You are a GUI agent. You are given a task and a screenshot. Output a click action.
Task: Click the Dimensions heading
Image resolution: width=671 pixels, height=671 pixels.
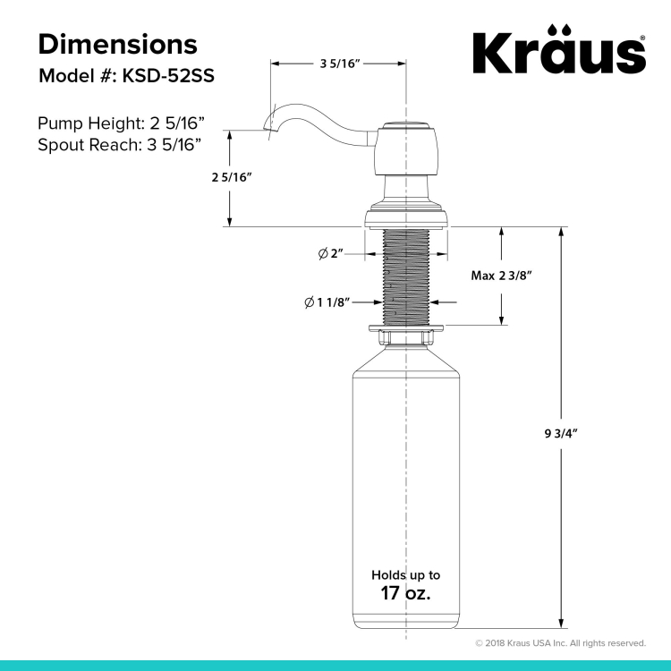pyautogui.click(x=118, y=44)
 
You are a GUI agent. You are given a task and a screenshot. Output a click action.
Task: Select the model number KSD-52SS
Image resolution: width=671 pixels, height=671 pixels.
pyautogui.click(x=168, y=76)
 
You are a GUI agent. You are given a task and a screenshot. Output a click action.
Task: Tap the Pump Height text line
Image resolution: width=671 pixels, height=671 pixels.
pyautogui.click(x=121, y=123)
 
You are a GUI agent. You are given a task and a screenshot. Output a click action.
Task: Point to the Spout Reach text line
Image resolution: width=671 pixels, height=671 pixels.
pyautogui.click(x=119, y=145)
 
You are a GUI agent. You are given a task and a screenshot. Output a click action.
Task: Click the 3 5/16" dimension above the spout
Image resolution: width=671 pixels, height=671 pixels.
pyautogui.click(x=341, y=64)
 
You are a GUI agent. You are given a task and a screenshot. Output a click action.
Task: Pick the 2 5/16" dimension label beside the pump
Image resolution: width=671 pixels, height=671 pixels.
pyautogui.click(x=232, y=177)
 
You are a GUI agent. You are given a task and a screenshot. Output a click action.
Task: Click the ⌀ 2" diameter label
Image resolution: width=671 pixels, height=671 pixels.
pyautogui.click(x=331, y=254)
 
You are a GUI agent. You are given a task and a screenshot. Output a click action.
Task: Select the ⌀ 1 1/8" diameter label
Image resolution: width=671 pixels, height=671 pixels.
pyautogui.click(x=327, y=302)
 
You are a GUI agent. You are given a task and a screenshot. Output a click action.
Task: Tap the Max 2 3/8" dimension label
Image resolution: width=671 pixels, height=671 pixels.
pyautogui.click(x=501, y=276)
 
